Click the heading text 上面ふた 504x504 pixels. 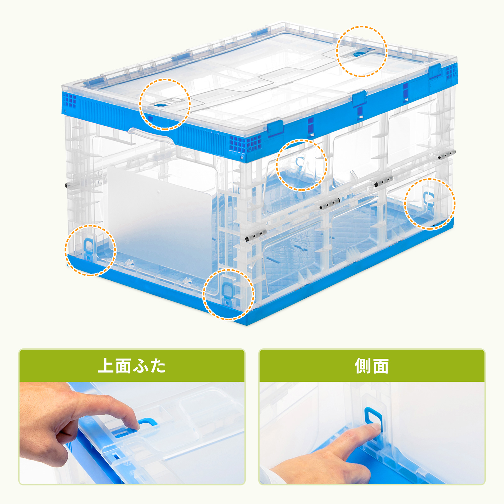pyautogui.click(x=132, y=366)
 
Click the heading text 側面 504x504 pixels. pyautogui.click(x=372, y=366)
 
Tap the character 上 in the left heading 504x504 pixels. pyautogui.click(x=106, y=366)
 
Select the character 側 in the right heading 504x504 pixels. pyautogui.click(x=363, y=366)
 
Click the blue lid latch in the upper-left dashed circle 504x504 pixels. pyautogui.click(x=161, y=105)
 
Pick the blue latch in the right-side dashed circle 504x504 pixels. pyautogui.click(x=428, y=197)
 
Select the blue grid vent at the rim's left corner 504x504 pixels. pyautogui.click(x=70, y=100)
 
